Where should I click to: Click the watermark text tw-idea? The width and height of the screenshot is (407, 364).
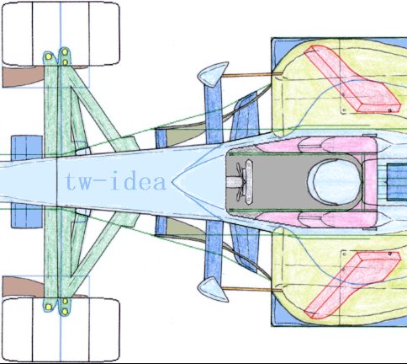click(x=115, y=182)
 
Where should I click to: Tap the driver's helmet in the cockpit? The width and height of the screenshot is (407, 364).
click(x=336, y=182)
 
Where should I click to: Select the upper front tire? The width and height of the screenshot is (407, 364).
click(x=61, y=34)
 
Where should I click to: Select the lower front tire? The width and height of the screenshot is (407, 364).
click(x=61, y=329)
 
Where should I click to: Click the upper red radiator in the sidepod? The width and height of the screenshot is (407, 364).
click(x=352, y=79)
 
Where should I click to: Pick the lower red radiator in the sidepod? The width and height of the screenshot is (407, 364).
click(x=352, y=285)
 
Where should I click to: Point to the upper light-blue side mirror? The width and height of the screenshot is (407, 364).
click(x=213, y=74)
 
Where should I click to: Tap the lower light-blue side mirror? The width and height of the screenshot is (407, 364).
click(x=213, y=289)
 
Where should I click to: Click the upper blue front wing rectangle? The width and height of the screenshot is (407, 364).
click(x=27, y=147)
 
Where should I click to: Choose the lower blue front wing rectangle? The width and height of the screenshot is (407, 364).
click(x=27, y=216)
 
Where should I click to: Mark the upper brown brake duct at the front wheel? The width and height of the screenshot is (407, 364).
click(x=24, y=77)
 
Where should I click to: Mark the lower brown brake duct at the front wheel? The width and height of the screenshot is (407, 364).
click(x=24, y=286)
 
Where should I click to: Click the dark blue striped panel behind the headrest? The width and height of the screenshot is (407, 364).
click(x=397, y=182)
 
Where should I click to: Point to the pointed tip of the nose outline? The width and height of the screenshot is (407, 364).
click(x=172, y=182)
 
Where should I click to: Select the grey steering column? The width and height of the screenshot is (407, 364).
click(x=235, y=182)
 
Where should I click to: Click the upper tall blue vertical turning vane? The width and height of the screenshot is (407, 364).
click(x=214, y=112)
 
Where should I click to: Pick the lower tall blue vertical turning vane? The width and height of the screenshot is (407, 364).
click(x=214, y=250)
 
